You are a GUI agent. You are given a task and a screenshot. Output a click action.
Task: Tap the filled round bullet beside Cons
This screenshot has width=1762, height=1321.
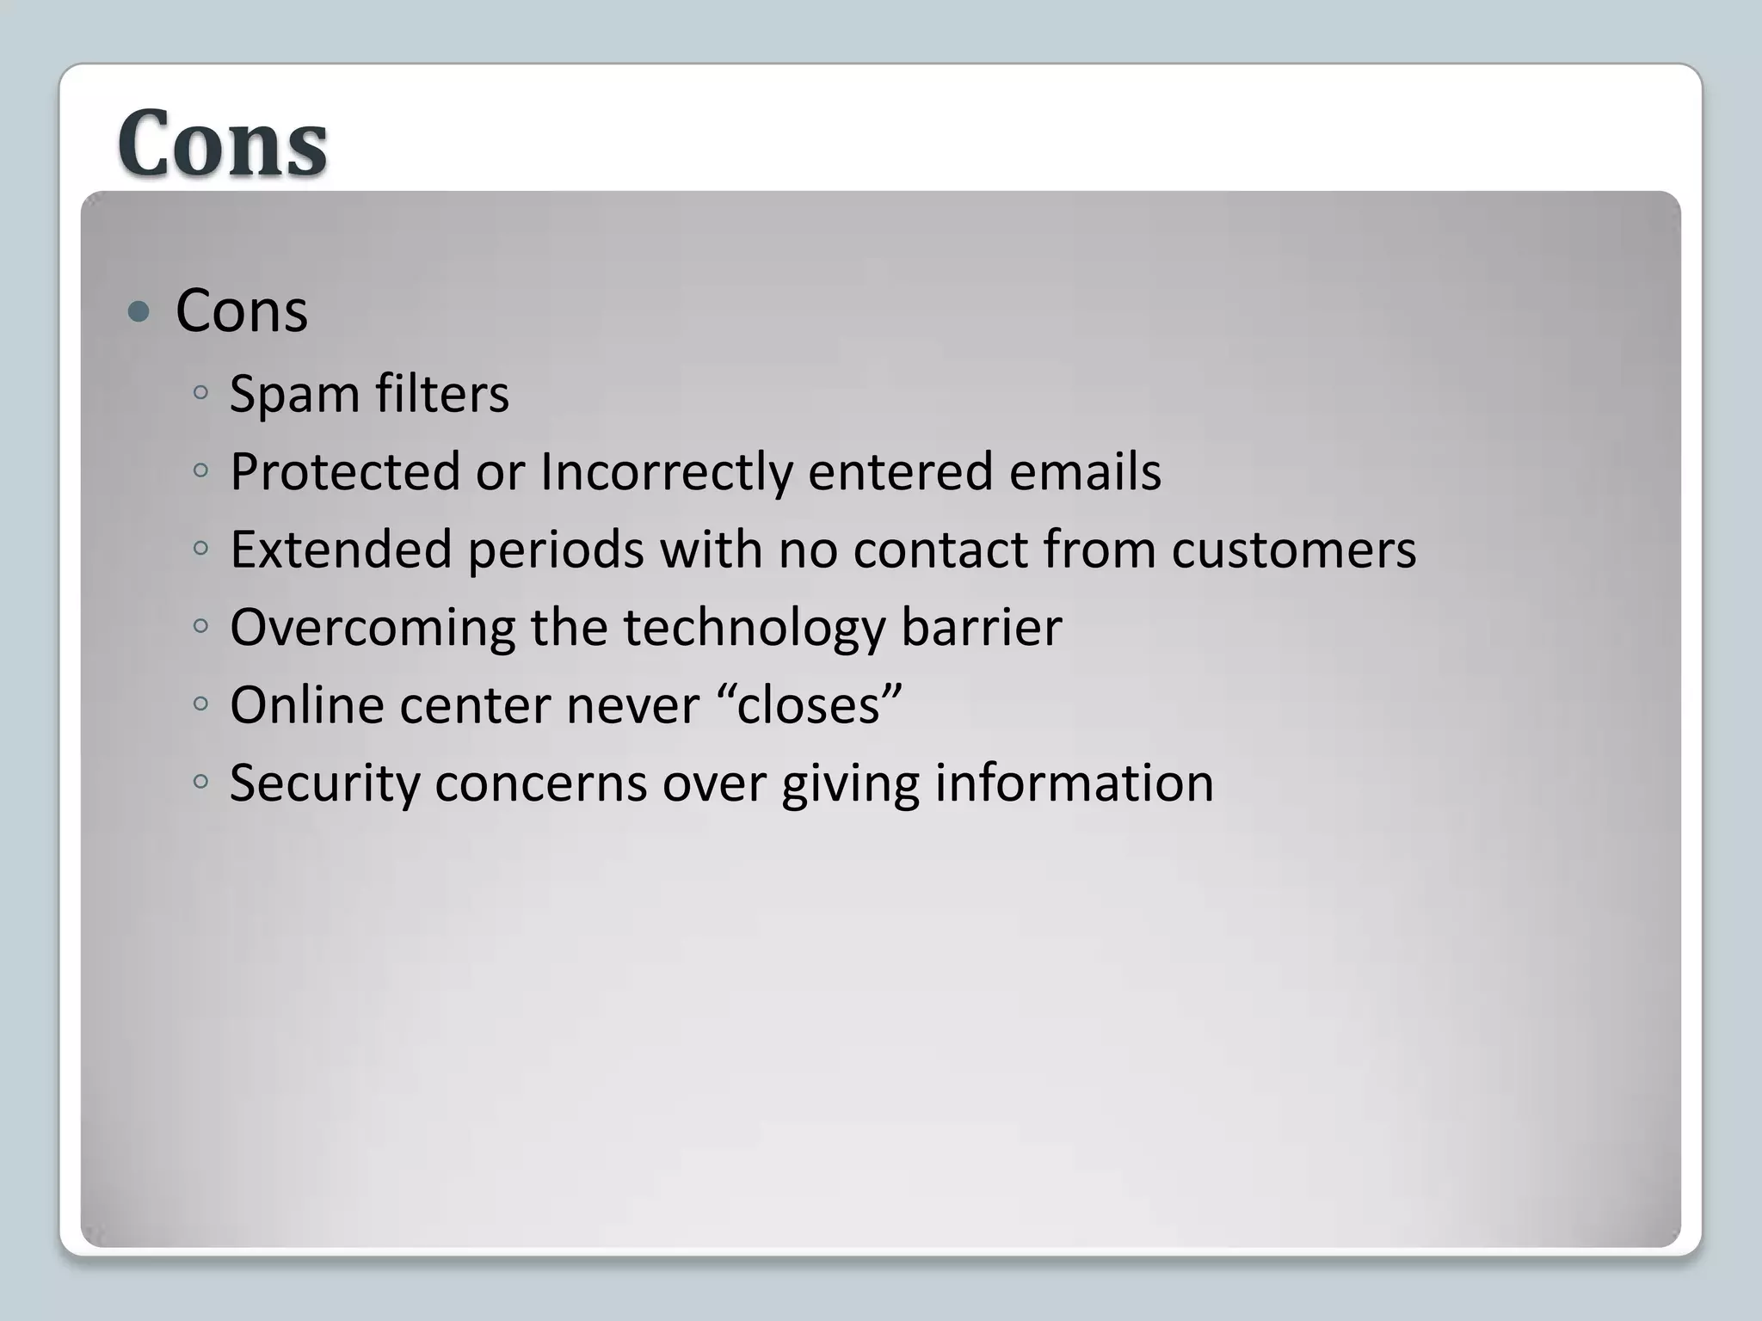138,311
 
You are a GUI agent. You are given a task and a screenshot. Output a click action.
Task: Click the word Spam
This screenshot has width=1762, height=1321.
294,395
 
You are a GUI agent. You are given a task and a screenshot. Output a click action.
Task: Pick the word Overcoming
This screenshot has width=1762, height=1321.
372,627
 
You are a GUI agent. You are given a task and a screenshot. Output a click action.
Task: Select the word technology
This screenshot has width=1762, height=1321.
754,627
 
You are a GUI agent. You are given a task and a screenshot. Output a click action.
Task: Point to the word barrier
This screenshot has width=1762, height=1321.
981,627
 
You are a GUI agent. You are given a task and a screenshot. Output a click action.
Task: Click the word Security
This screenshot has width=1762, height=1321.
323,783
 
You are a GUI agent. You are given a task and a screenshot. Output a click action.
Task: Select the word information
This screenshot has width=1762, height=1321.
1074,783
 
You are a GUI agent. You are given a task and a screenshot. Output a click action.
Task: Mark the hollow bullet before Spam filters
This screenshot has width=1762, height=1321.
200,393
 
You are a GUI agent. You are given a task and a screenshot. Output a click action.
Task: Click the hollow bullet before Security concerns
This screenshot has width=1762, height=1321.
200,782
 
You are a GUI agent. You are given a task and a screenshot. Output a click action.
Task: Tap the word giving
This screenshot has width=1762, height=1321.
850,783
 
